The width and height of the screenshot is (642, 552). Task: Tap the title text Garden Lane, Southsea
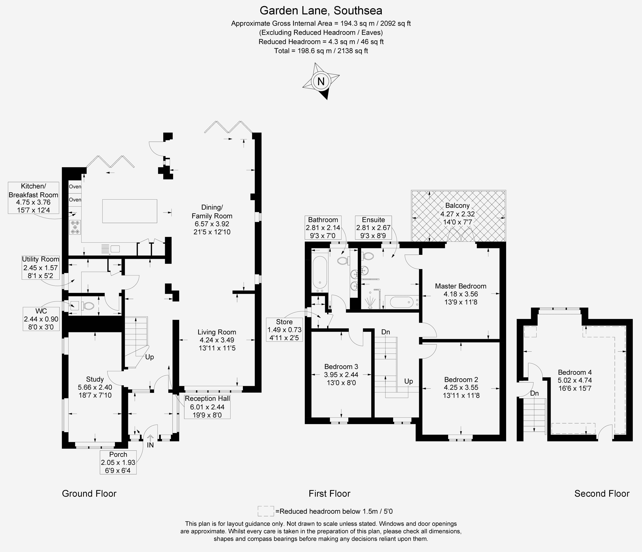tap(321, 11)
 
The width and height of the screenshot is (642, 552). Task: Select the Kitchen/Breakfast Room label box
tap(33, 198)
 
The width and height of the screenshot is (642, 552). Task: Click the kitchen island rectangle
tap(130, 211)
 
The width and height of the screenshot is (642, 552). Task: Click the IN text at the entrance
tap(150, 445)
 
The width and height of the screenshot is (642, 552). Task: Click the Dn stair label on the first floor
tap(386, 332)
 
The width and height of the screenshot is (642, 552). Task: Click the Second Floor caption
tap(602, 494)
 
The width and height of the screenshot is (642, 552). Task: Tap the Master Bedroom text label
tap(460, 286)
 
